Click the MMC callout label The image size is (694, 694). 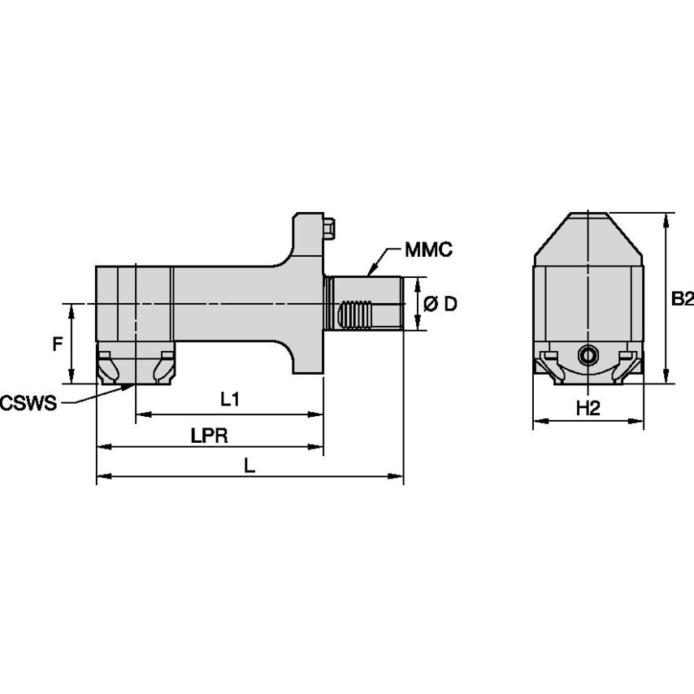click(428, 249)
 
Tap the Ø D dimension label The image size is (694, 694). click(440, 304)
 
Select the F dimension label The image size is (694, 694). click(56, 344)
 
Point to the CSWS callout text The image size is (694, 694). click(28, 402)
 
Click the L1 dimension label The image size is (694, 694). click(230, 399)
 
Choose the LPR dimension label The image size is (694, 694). click(209, 436)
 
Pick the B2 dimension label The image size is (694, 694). click(682, 298)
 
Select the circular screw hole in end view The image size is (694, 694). click(588, 354)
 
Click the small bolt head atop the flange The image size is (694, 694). click(329, 228)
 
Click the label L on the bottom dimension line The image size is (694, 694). click(249, 466)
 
